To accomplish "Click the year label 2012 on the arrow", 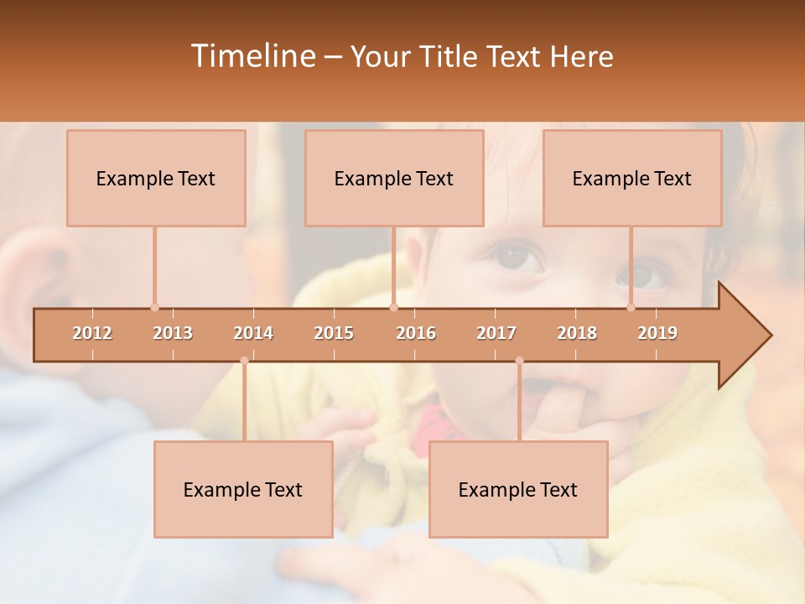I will tap(92, 333).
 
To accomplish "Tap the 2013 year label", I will tap(173, 333).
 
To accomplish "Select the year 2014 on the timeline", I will tap(253, 333).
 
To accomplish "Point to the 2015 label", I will tap(334, 333).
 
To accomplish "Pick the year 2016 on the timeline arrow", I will tap(416, 333).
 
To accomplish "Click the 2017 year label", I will tap(496, 333).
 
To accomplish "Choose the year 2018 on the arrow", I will tap(577, 333).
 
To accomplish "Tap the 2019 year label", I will tap(657, 333).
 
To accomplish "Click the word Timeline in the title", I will tap(252, 56).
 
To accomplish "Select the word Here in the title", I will tap(581, 56).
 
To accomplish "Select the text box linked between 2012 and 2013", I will tap(156, 178).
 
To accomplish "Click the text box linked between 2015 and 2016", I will tap(394, 178).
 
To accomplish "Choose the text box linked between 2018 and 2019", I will tap(632, 178).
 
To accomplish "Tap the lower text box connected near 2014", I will tap(243, 489).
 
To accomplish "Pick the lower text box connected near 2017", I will tap(518, 489).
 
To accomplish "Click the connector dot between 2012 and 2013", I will tap(154, 307).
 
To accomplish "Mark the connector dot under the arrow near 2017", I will tap(519, 361).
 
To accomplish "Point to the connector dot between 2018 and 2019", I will tap(631, 307).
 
